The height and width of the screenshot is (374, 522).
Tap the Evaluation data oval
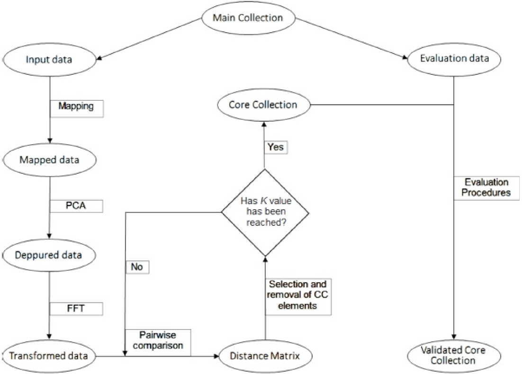tap(454, 59)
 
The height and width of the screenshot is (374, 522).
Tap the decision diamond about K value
tap(264, 212)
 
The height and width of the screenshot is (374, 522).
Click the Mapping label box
tap(76, 107)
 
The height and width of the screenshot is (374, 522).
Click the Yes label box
tap(276, 147)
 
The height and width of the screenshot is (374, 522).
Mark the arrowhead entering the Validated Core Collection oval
tap(454, 337)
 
